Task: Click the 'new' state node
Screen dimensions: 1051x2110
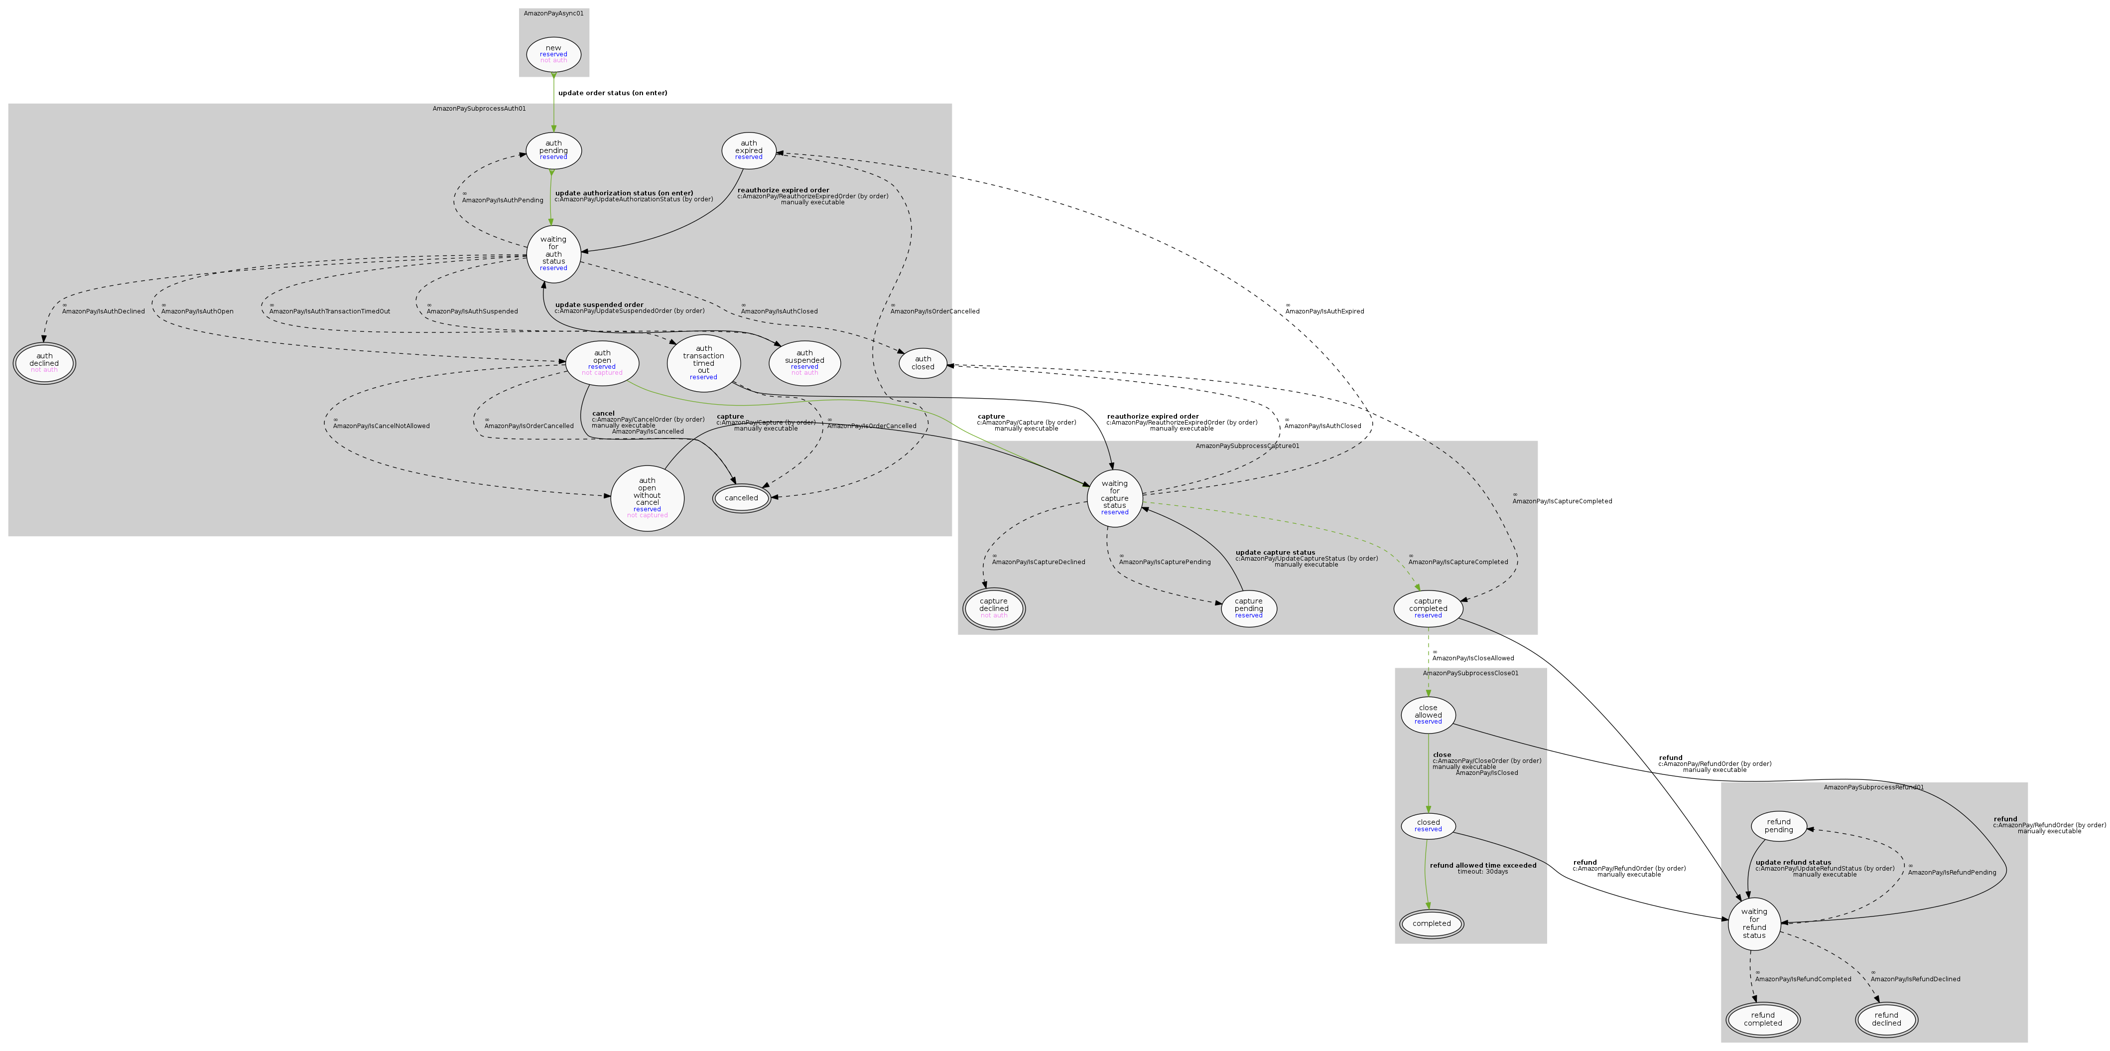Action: pos(554,54)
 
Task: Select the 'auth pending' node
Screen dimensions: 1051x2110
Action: pos(554,150)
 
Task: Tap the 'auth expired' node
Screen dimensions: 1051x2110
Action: pos(749,150)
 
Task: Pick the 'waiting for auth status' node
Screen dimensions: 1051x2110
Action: pos(554,253)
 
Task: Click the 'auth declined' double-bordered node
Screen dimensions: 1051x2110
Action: pos(44,363)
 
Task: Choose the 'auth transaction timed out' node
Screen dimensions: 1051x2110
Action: pos(704,362)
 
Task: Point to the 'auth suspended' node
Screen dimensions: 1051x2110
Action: pos(804,363)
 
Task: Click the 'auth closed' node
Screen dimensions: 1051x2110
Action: pos(923,363)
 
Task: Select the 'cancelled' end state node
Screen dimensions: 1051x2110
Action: pos(741,498)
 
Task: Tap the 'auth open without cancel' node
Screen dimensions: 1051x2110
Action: pos(647,498)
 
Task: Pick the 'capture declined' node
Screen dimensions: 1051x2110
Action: pos(994,608)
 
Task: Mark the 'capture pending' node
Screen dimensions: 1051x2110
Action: pos(1248,608)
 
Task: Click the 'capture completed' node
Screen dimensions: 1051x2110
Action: pos(1428,608)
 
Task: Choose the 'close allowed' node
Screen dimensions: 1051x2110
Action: pos(1428,714)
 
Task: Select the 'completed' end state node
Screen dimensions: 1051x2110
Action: pos(1431,923)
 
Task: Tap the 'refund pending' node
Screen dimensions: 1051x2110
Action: pos(1778,826)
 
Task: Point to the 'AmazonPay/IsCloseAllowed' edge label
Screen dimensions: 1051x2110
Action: pos(1473,658)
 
